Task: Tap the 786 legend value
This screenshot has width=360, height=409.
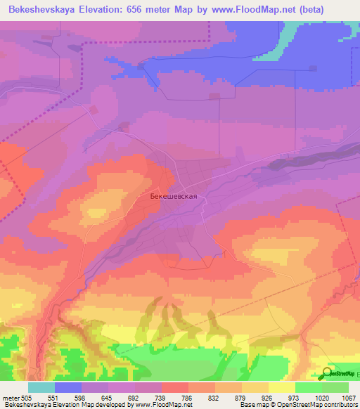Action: click(188, 397)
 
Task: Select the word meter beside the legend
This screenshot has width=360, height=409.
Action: click(10, 397)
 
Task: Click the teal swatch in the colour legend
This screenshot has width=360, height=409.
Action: click(41, 387)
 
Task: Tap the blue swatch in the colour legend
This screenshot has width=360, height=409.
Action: click(68, 387)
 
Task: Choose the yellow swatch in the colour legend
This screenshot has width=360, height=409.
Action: click(282, 387)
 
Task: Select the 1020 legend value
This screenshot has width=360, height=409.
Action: click(322, 397)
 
